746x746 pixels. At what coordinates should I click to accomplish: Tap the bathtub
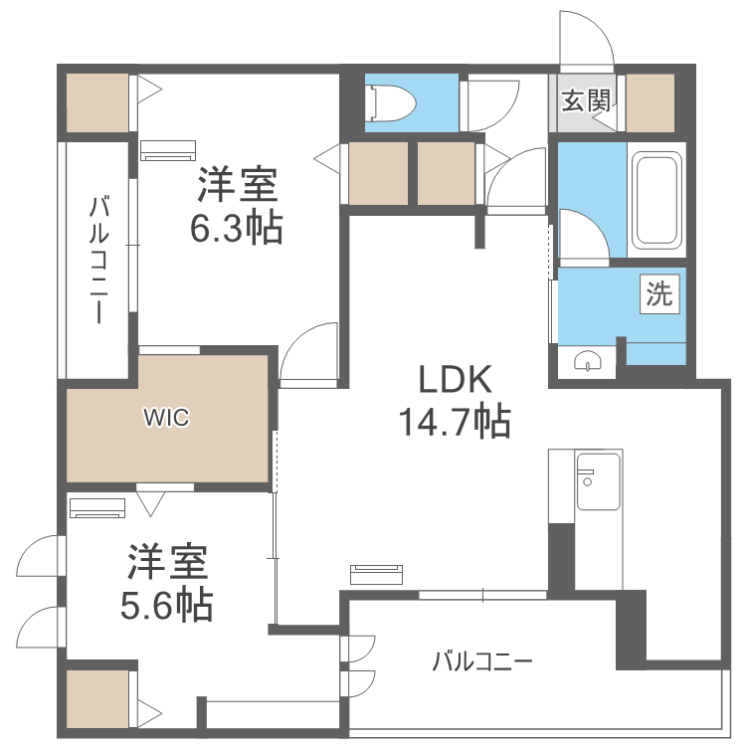click(656, 200)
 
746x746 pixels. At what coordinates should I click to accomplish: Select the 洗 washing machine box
click(658, 294)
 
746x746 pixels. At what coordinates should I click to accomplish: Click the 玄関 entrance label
click(586, 100)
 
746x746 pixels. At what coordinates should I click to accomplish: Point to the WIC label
click(166, 418)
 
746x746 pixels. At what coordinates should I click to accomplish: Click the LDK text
click(455, 379)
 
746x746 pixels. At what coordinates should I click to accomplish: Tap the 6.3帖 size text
click(237, 228)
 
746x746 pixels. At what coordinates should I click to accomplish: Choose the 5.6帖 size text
click(166, 605)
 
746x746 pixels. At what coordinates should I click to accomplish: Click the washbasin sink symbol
click(588, 360)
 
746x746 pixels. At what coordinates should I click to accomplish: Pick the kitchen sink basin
click(599, 481)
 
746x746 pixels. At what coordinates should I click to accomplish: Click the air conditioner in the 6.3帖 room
click(168, 150)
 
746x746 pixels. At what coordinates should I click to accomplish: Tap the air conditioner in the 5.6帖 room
click(97, 507)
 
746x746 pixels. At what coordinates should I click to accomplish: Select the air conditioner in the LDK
click(376, 574)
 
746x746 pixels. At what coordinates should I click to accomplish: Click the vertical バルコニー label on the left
click(98, 260)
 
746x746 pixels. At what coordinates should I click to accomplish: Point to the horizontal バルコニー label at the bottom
click(482, 661)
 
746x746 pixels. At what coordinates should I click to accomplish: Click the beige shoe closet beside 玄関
click(651, 102)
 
